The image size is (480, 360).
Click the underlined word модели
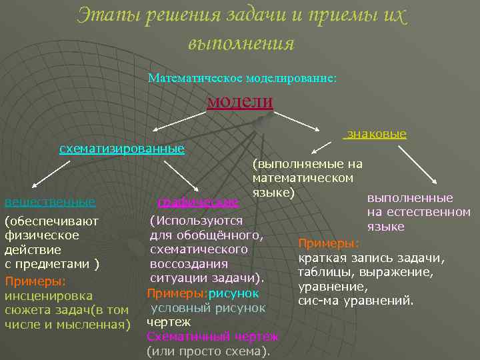(240, 101)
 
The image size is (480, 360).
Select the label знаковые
(375, 134)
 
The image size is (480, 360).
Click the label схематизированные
(122, 148)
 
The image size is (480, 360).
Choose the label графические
(198, 201)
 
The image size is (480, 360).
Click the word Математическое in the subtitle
(188, 78)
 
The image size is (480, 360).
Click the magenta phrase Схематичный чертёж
(213, 337)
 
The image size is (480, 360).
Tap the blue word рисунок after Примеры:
(233, 293)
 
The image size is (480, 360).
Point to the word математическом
(303, 178)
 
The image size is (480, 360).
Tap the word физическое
(42, 235)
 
